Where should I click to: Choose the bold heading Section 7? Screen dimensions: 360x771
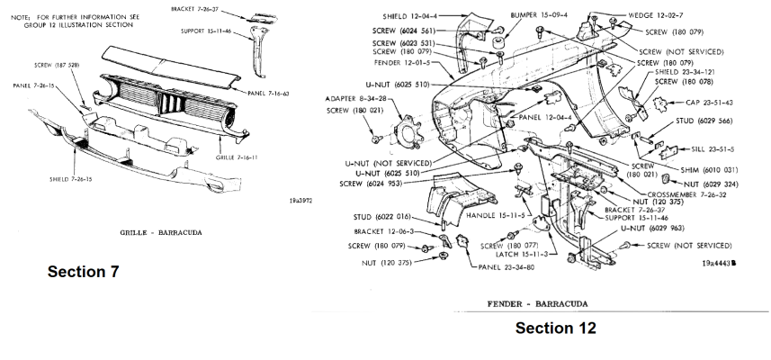(x=84, y=272)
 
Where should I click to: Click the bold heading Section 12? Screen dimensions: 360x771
(x=555, y=328)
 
